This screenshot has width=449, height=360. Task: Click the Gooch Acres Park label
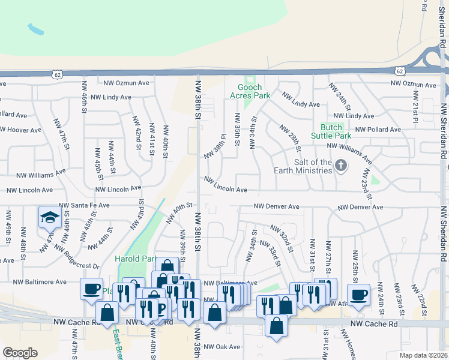pos(250,91)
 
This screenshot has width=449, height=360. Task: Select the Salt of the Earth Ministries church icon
pos(341,165)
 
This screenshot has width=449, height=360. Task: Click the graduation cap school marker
pos(49,217)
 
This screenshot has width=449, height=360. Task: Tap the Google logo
pos(20,353)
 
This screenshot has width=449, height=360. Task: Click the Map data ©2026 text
pos(423,355)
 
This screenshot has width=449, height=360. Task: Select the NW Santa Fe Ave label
pos(84,205)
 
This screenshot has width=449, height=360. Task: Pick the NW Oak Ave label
pos(221,347)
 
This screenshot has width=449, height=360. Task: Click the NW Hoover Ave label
pos(20,130)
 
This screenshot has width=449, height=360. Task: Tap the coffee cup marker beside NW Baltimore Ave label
pos(91,289)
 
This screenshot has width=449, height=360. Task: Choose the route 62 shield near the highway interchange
pos(399,70)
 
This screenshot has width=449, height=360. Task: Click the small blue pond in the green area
pos(35,28)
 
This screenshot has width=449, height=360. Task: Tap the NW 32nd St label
pos(280,235)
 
